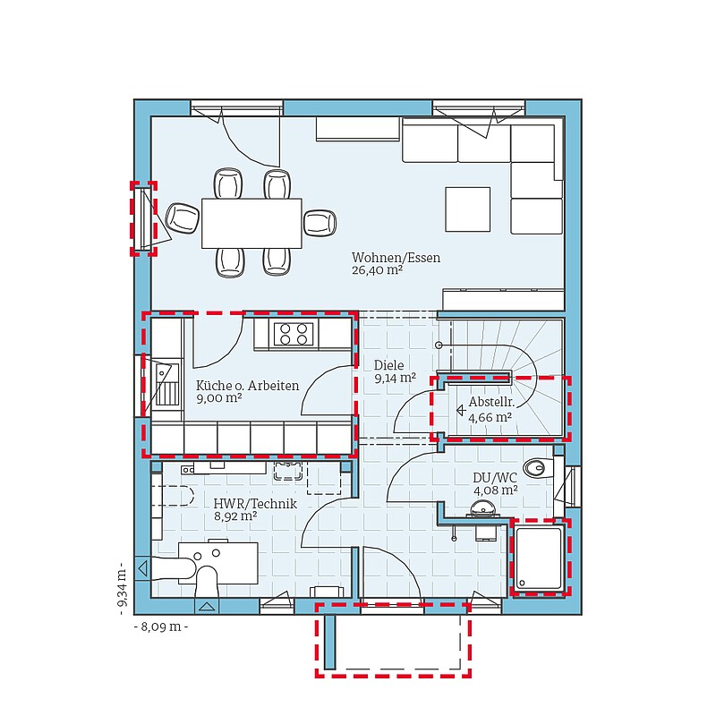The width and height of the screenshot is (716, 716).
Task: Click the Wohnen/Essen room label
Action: (x=396, y=258)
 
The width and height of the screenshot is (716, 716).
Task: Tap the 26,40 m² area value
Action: (x=377, y=270)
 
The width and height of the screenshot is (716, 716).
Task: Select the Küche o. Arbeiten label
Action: (x=248, y=386)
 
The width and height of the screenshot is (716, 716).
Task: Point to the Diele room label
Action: (x=389, y=365)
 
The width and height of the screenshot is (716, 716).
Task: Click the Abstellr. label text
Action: (x=491, y=402)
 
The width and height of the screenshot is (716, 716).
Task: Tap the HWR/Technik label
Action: (x=255, y=504)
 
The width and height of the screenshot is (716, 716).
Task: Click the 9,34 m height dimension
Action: (x=122, y=589)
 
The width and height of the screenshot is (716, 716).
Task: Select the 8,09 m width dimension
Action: (x=161, y=626)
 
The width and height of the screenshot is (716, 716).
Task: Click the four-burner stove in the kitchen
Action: (x=294, y=334)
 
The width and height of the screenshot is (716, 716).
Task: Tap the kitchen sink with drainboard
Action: (x=166, y=385)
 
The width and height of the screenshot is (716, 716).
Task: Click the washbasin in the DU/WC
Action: (x=482, y=508)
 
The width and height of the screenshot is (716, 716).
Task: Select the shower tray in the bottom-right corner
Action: (x=539, y=558)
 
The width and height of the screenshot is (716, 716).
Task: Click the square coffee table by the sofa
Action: (x=468, y=209)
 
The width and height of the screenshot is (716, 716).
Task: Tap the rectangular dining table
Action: (x=251, y=223)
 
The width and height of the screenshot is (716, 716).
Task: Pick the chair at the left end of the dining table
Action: (x=183, y=217)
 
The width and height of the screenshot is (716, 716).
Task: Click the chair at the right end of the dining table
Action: (x=320, y=223)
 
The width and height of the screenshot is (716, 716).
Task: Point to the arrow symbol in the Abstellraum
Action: (x=461, y=411)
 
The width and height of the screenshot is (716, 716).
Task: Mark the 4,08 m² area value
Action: (x=496, y=490)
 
